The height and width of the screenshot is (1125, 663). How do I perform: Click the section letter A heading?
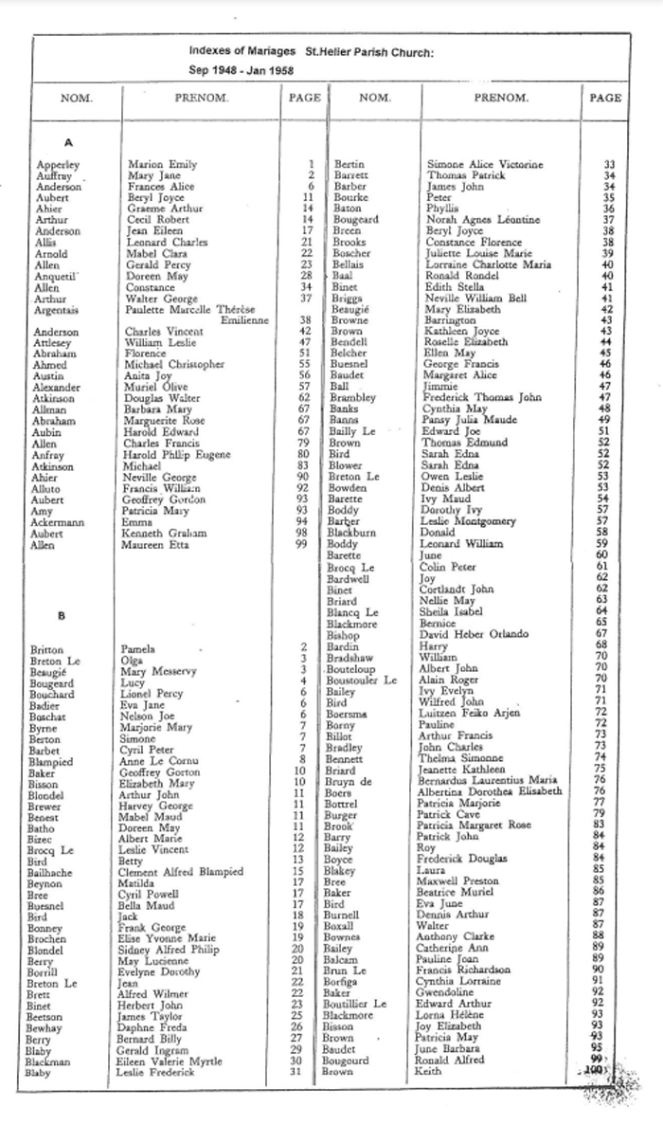coord(67,142)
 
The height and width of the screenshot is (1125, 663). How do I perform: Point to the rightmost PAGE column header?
coord(605,98)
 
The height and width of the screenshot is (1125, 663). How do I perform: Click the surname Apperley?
coord(58,165)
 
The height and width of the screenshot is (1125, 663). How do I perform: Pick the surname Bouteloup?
coord(355,668)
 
